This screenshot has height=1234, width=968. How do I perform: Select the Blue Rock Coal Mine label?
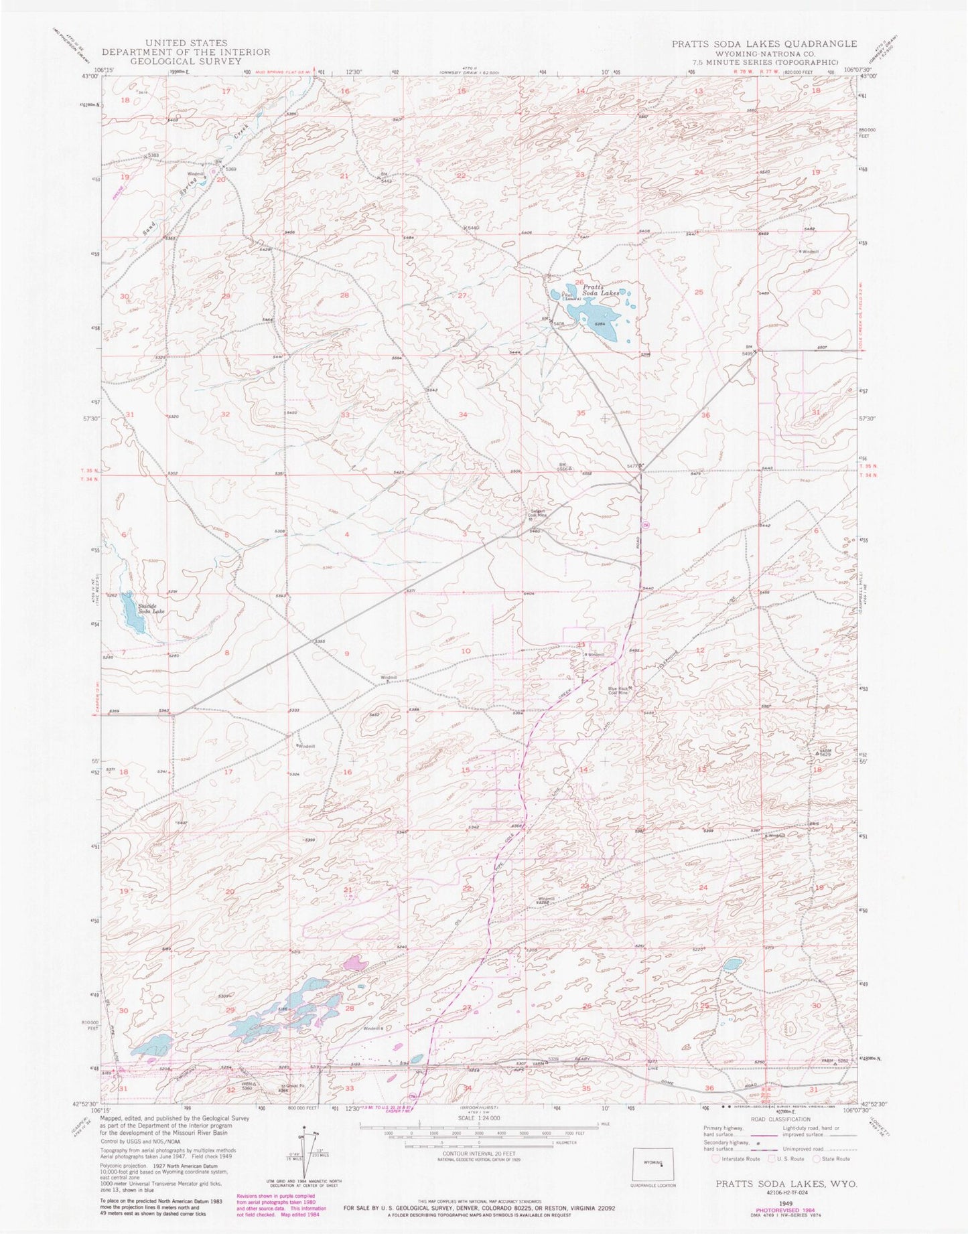(617, 692)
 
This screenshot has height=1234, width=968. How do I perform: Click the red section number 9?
(347, 653)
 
